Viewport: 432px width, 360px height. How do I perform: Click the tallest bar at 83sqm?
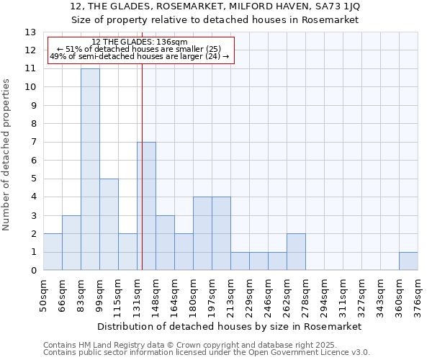pyautogui.click(x=90, y=169)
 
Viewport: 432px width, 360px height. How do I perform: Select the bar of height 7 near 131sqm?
pyautogui.click(x=146, y=206)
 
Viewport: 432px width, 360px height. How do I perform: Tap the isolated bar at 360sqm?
pyautogui.click(x=408, y=261)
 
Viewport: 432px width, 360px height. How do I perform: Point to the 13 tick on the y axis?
pyautogui.click(x=31, y=32)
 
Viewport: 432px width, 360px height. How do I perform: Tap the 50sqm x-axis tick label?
pyautogui.click(x=44, y=295)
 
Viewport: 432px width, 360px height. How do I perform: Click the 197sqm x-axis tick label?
pyautogui.click(x=212, y=295)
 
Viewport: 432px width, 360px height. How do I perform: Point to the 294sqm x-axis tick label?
pyautogui.click(x=325, y=295)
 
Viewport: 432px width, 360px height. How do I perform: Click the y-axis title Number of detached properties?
pyautogui.click(x=6, y=156)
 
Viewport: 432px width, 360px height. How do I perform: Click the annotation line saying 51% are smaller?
pyautogui.click(x=141, y=49)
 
